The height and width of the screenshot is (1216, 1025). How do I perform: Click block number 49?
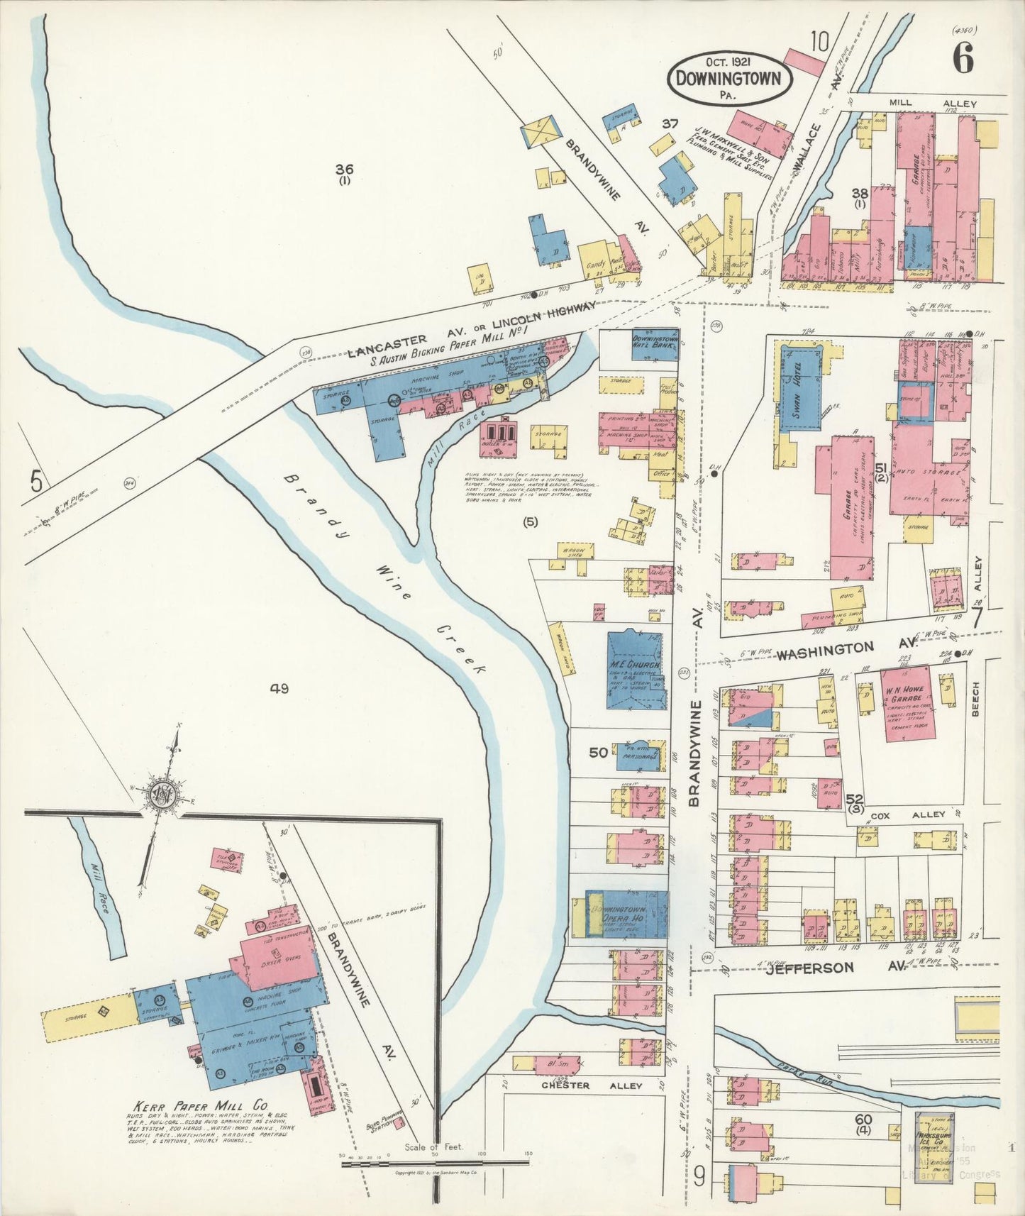click(279, 687)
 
